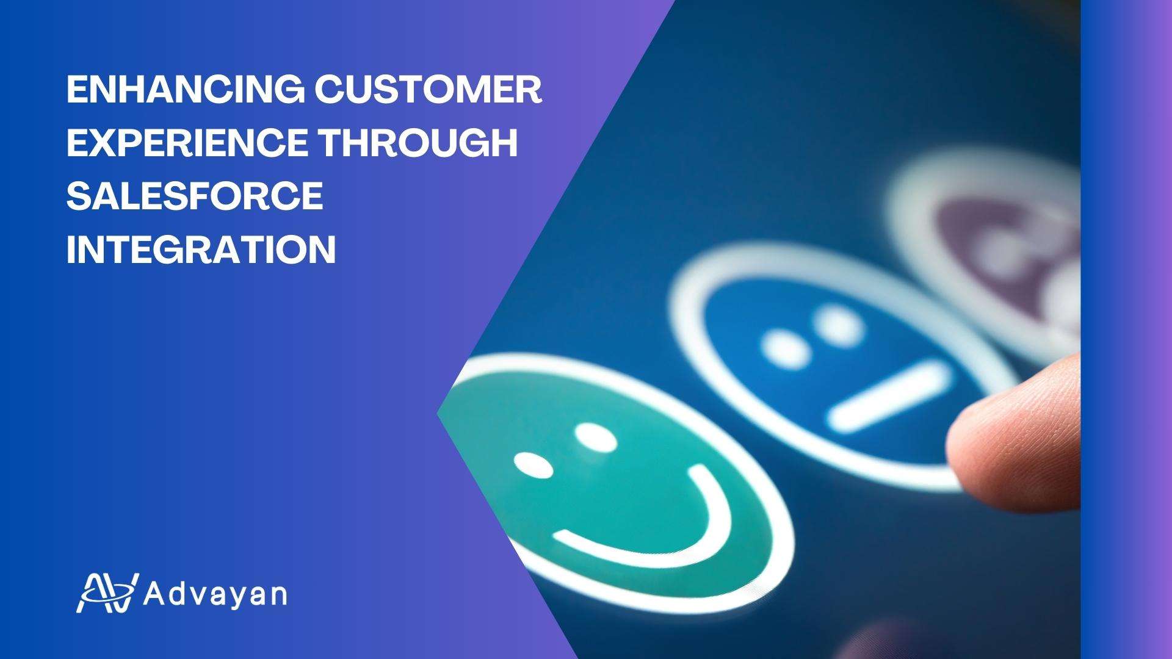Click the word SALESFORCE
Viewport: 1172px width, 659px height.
click(x=195, y=196)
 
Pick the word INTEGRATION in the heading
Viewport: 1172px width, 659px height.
click(x=201, y=249)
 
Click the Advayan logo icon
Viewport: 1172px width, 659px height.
click(x=107, y=592)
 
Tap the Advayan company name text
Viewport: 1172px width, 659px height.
click(x=215, y=594)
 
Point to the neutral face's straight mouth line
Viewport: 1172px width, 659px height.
click(x=889, y=395)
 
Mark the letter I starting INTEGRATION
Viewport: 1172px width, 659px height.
click(x=71, y=249)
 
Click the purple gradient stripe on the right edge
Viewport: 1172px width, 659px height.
click(x=1126, y=329)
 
